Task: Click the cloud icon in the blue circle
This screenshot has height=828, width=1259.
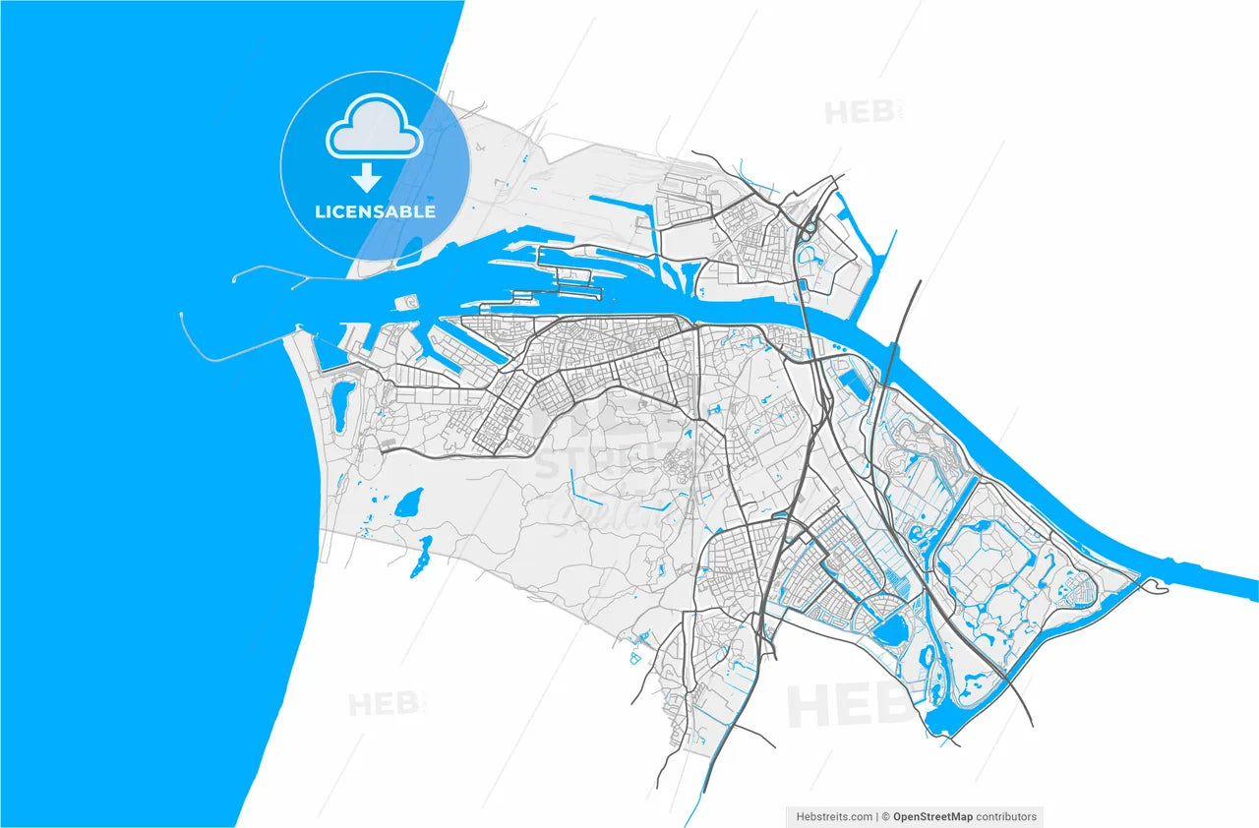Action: point(374,131)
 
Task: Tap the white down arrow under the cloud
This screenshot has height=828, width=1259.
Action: point(367,178)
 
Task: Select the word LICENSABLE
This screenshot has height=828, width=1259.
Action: point(375,211)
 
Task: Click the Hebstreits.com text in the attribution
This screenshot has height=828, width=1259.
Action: point(832,816)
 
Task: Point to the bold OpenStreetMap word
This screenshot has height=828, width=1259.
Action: point(937,816)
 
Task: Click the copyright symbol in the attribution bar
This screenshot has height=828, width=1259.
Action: point(886,816)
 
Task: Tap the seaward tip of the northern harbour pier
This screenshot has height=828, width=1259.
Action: point(235,280)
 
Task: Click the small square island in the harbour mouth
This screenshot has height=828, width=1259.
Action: point(401,304)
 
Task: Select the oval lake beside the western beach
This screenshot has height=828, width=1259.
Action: point(343,403)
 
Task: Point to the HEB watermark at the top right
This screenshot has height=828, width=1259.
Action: point(860,111)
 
